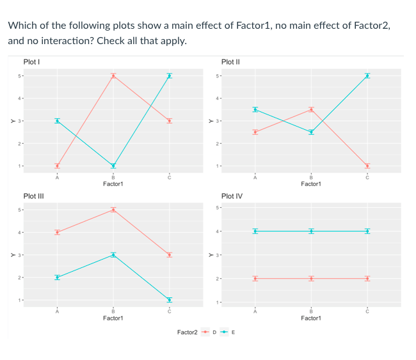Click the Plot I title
pos(33,61)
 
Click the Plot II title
pos(230,61)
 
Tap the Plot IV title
pos(231,196)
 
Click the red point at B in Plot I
pos(113,75)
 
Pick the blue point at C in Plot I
pos(170,75)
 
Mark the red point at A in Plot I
pos(57,166)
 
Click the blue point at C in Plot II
pos(367,75)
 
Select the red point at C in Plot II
pos(367,166)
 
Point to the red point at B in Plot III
pos(113,209)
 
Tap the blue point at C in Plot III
pos(170,300)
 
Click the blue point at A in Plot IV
pos(255,231)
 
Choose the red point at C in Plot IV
pos(367,278)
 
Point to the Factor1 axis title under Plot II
pos(310,184)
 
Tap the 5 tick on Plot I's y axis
pos(20,76)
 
